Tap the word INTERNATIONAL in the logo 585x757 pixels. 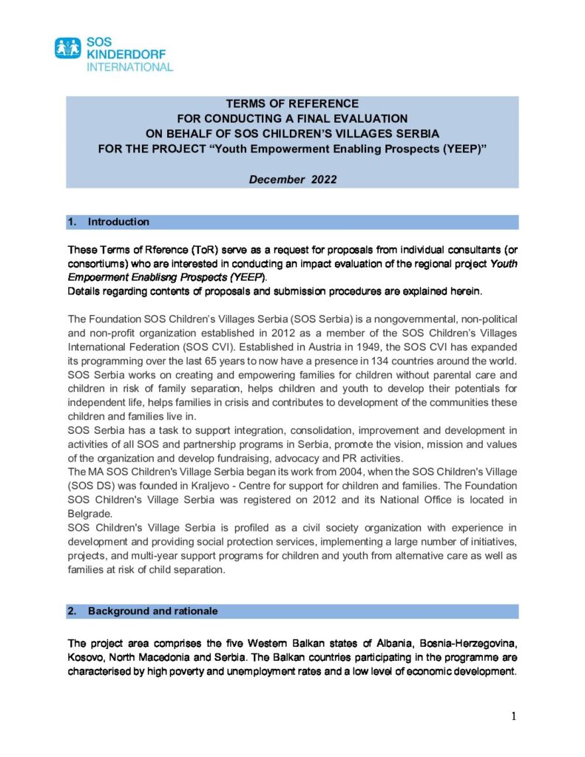[x=130, y=67]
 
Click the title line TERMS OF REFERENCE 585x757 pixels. [x=292, y=103]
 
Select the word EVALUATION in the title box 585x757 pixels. [x=371, y=118]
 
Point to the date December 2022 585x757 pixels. [x=291, y=179]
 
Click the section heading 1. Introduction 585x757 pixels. [x=118, y=222]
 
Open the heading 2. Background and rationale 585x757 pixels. [x=152, y=611]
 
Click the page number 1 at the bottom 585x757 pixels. [x=513, y=716]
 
